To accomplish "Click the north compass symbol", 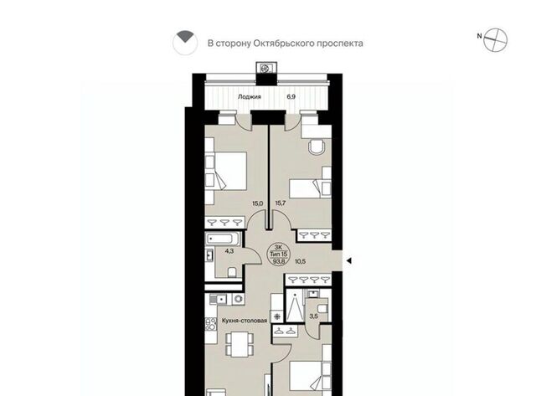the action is coord(495,40).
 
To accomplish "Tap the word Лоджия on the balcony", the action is coord(250,96).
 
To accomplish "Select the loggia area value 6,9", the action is coord(291,96).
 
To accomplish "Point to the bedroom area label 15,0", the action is coord(257,203).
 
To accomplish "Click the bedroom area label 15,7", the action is coord(281,203).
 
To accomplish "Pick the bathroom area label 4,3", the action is coord(229,251).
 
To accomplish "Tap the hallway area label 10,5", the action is coord(300,262).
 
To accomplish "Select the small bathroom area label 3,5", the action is coord(313,316).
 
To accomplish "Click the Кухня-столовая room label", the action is coord(245,321).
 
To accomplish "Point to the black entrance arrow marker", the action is coord(348,261).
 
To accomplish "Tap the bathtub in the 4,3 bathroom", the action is coord(223,239).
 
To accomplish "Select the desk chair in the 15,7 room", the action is coord(317,147).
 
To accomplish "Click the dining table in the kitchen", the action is coord(240,344).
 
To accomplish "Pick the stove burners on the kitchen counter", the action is coord(210,324).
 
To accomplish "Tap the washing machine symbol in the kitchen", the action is coord(238,300).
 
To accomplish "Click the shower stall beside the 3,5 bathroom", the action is coord(295,305).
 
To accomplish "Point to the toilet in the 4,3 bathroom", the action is coord(233,272).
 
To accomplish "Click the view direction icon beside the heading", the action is coord(185,43).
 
